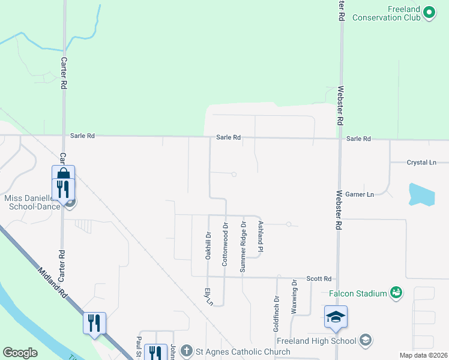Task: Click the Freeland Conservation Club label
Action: [x=385, y=13]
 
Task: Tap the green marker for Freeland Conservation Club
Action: [x=429, y=12]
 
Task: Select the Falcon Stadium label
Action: [x=357, y=293]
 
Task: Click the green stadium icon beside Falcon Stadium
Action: [x=396, y=292]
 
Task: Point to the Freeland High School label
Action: [x=325, y=341]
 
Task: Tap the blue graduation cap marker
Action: [x=336, y=317]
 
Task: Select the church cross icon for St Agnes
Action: [x=187, y=350]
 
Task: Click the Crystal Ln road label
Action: [x=421, y=163]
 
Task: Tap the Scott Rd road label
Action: [x=319, y=279]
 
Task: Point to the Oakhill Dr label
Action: [x=208, y=245]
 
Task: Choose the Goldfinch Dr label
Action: [x=277, y=313]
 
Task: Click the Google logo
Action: [x=20, y=353]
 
